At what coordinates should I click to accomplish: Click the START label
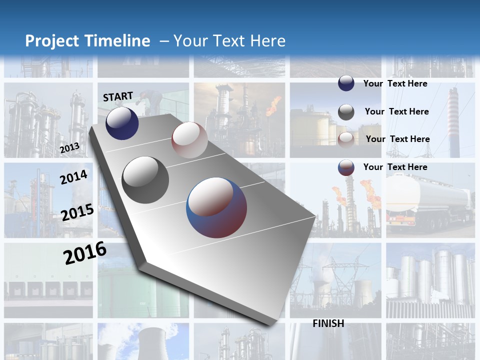point(118,96)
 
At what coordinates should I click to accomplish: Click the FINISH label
point(328,323)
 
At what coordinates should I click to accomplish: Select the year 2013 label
point(69,148)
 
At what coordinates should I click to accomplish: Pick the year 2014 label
point(73,177)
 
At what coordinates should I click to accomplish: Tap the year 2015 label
point(77,212)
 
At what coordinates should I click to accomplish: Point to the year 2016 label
point(85,252)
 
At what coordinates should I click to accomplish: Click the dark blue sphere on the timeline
point(122,123)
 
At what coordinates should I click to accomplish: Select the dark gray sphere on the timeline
point(145,180)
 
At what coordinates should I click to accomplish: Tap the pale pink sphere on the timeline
point(189,140)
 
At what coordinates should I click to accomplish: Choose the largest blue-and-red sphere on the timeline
point(216,207)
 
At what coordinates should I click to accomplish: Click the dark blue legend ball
point(346,83)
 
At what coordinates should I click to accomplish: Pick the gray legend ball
point(346,112)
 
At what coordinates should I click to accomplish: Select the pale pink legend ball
point(346,140)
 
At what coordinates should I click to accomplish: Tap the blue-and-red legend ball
point(346,167)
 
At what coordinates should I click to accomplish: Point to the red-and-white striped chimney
point(453,122)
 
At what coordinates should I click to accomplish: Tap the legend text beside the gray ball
point(396,111)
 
